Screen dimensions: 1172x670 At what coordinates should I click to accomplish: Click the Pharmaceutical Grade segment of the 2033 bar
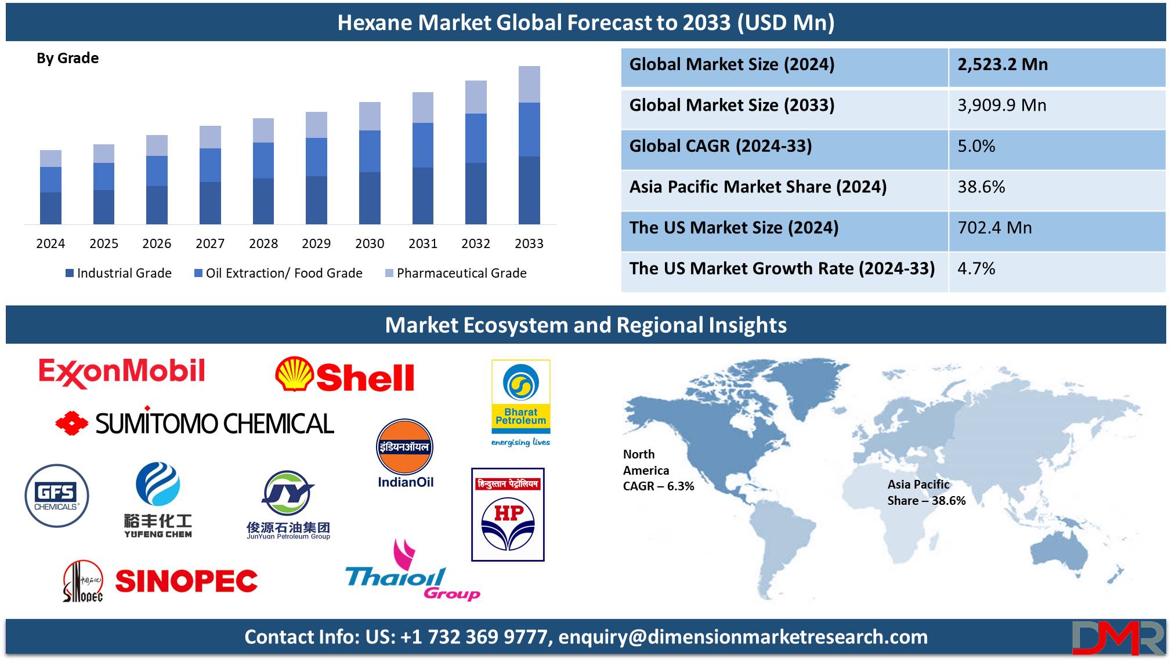tap(529, 85)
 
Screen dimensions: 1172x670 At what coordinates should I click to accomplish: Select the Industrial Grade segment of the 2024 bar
tap(50, 208)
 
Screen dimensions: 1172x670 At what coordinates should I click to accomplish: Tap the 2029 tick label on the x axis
tap(316, 243)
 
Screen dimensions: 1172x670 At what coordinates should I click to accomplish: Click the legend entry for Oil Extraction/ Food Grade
tap(278, 273)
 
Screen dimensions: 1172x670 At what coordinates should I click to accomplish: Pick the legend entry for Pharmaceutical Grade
tap(456, 273)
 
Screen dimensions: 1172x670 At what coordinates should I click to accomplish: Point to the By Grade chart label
tap(67, 58)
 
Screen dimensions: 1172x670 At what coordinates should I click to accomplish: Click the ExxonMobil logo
tap(122, 372)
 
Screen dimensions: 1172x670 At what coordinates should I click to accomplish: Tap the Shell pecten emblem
tap(294, 374)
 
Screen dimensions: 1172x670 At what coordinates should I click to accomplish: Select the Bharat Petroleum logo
tap(520, 403)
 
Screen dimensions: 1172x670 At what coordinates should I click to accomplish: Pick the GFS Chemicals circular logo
tap(57, 496)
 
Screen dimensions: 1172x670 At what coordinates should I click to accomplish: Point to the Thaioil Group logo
tap(413, 571)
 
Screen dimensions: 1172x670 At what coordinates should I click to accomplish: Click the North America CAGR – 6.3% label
tap(658, 470)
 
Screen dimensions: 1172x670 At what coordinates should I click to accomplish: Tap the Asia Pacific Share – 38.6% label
tap(926, 492)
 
